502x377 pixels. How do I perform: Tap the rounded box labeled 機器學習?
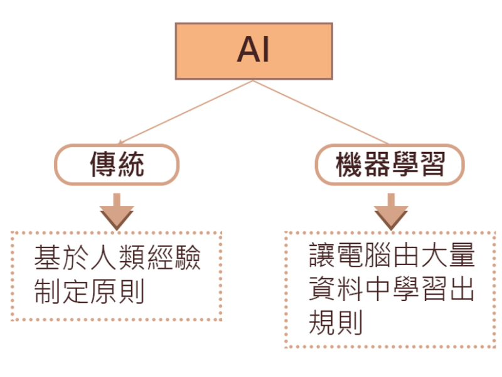(390, 165)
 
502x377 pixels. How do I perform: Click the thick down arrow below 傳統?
(117, 211)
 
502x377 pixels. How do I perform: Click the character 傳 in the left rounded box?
(104, 165)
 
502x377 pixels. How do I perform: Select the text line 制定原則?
(90, 291)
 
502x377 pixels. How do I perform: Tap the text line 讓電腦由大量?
(391, 258)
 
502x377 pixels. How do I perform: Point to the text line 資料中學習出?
(391, 290)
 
